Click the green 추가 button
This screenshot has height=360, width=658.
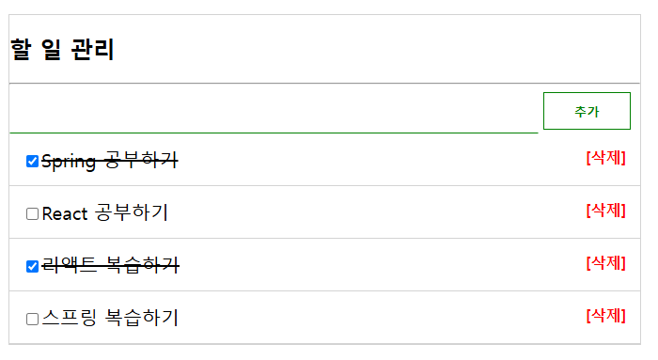coord(587,111)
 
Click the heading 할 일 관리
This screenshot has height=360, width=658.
coord(62,49)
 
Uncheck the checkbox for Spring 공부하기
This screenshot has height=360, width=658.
coord(33,162)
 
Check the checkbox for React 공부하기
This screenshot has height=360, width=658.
coord(33,214)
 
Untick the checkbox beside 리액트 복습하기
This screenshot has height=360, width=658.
coord(33,267)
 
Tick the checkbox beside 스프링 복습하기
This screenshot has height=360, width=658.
coord(33,320)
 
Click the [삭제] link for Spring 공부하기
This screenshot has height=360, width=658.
coord(605,158)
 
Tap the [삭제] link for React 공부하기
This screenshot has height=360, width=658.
coord(605,211)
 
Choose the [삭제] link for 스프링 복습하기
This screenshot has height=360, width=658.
coord(605,316)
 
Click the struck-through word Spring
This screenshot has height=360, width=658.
coord(69,162)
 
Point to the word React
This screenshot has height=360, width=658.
coord(65,214)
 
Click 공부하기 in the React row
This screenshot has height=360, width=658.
coord(132,213)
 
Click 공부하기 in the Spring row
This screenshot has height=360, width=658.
coord(140,161)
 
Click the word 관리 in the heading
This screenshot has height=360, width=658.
coord(92,49)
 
